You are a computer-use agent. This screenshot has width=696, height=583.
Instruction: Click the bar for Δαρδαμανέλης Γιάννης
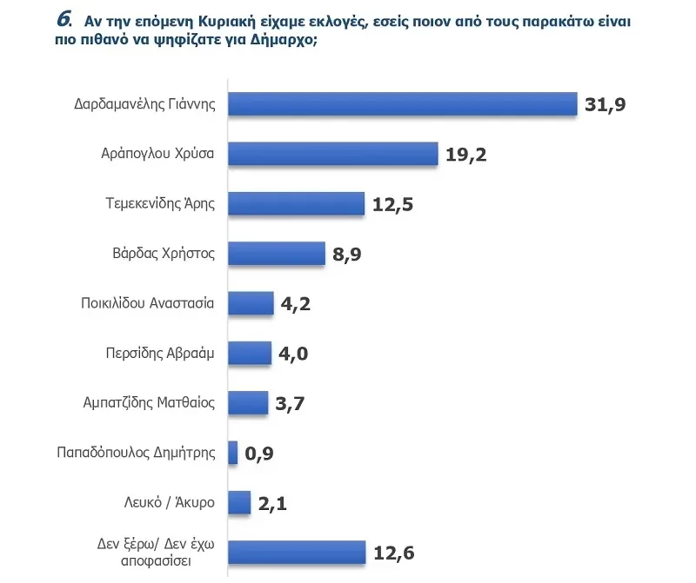point(402,104)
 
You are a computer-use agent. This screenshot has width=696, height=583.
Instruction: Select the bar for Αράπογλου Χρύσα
point(332,154)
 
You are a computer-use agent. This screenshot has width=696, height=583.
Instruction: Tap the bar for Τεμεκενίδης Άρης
point(296,203)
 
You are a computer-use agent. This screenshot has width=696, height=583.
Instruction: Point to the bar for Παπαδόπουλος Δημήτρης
point(233,453)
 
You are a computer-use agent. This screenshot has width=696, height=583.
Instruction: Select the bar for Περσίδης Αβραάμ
point(250,353)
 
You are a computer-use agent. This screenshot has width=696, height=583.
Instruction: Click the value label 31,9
point(606,105)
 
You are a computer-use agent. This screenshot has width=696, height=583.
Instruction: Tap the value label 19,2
point(465,155)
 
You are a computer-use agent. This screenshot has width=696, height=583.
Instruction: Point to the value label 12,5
point(392,204)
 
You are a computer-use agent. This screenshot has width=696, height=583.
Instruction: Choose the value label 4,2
point(297,304)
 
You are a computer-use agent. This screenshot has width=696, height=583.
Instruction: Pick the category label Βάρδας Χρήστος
point(164,253)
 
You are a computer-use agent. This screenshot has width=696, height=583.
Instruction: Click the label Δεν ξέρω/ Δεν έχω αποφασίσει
point(157,553)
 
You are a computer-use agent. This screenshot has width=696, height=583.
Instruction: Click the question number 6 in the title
point(64,19)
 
